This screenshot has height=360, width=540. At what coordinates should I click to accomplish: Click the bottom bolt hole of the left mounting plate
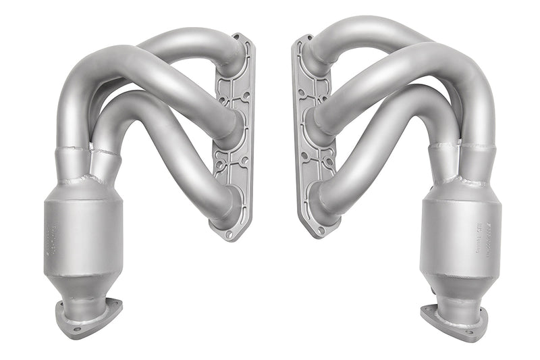(x=229, y=234)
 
